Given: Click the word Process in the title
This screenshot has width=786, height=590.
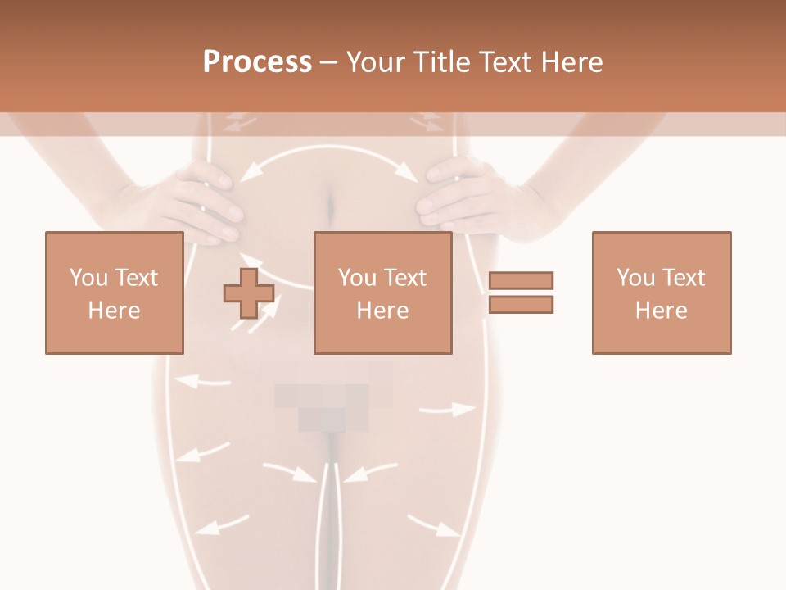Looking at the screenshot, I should point(257,62).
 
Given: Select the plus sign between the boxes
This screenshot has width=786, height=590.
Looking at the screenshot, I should point(249,293).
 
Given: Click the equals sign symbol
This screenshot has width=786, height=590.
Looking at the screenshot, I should point(521,293).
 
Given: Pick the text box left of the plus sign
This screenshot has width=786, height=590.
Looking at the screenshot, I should point(114,293).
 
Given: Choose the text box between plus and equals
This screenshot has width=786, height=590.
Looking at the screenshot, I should point(382,293).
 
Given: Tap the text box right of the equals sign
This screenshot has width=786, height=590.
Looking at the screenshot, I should point(661,293).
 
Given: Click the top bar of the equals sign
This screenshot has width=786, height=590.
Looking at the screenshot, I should point(521,281).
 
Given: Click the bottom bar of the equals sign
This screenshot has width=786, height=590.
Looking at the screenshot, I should point(521,304).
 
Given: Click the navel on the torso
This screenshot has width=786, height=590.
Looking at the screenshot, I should point(332,205).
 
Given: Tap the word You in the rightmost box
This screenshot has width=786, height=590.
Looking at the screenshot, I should point(636,278).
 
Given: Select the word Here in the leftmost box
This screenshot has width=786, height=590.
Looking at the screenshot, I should point(114,311).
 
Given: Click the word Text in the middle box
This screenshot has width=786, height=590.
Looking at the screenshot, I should point(406,278).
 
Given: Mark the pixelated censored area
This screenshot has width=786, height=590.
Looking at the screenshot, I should point(332,397).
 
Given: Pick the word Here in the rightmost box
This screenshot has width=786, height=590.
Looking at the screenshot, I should point(661,311).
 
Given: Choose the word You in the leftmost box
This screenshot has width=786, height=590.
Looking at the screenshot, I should point(88,278).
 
